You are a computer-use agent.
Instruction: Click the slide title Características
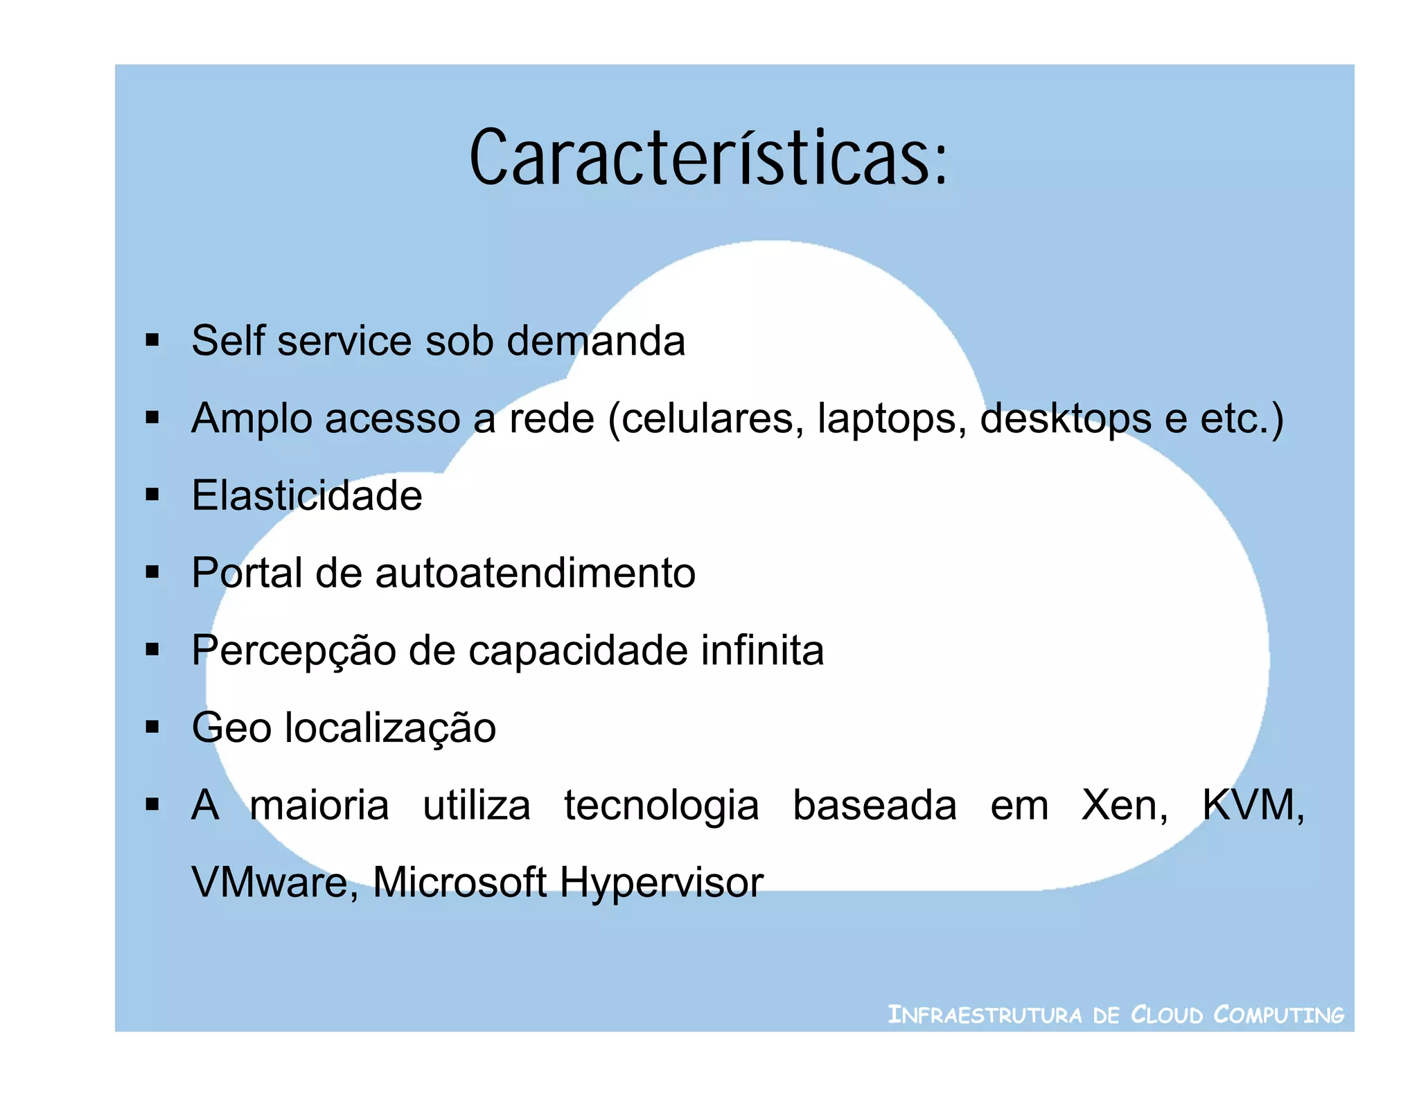[708, 159]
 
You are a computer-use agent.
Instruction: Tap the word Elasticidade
[307, 495]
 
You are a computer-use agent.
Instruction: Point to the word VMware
[274, 883]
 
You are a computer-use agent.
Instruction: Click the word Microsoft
[459, 883]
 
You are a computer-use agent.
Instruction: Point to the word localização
[391, 729]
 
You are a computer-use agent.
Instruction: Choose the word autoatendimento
[535, 573]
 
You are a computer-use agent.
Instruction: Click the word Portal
[247, 573]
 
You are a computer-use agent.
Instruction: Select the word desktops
[1066, 418]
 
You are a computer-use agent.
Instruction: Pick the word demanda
[596, 341]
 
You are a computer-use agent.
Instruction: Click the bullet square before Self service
[152, 340]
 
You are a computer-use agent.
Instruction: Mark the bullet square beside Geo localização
[152, 727]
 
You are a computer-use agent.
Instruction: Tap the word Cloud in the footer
[1167, 1015]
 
